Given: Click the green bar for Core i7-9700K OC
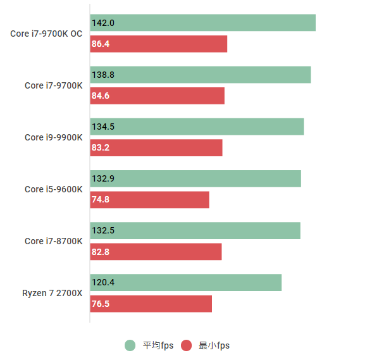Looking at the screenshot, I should point(202,23).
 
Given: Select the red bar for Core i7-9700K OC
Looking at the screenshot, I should point(158,44).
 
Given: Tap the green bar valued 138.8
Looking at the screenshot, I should point(200,75).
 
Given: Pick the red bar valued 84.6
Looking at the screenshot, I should point(157,96).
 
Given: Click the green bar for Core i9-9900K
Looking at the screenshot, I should point(197,127).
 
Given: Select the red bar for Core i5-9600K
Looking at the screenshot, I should point(149,200).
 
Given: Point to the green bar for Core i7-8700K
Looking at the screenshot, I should point(195,230).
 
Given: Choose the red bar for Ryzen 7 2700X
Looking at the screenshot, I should point(151,304).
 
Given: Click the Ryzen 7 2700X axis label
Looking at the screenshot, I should point(53,293).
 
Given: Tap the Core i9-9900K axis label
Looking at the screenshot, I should point(54,137).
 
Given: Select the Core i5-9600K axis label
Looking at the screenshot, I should point(54,189).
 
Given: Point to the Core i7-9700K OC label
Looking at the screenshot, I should point(47,34).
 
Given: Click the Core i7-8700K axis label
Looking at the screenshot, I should point(54,241).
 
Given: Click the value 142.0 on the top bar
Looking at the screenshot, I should point(103,23).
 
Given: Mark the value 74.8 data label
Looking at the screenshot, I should point(101,200).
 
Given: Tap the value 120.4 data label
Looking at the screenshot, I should point(103,283).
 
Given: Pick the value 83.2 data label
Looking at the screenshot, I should point(101,148).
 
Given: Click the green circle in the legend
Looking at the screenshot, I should point(130,345).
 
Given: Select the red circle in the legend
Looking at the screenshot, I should point(186,345).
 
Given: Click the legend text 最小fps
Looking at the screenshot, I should point(215,345).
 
